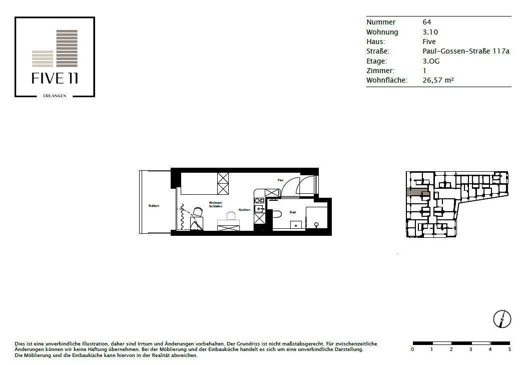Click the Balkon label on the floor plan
click(154, 206)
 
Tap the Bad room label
click(293, 212)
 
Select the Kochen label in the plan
click(244, 210)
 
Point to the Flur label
click(281, 180)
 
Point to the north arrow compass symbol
click(501, 319)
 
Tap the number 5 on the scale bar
click(509, 349)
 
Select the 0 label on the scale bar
click(412, 349)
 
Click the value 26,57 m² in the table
click(438, 80)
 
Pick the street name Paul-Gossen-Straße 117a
click(465, 51)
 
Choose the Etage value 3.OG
click(430, 61)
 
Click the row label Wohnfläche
click(386, 80)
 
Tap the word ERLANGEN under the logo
click(55, 96)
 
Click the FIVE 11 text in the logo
click(55, 79)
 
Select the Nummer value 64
click(427, 22)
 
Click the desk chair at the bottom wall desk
click(231, 216)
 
